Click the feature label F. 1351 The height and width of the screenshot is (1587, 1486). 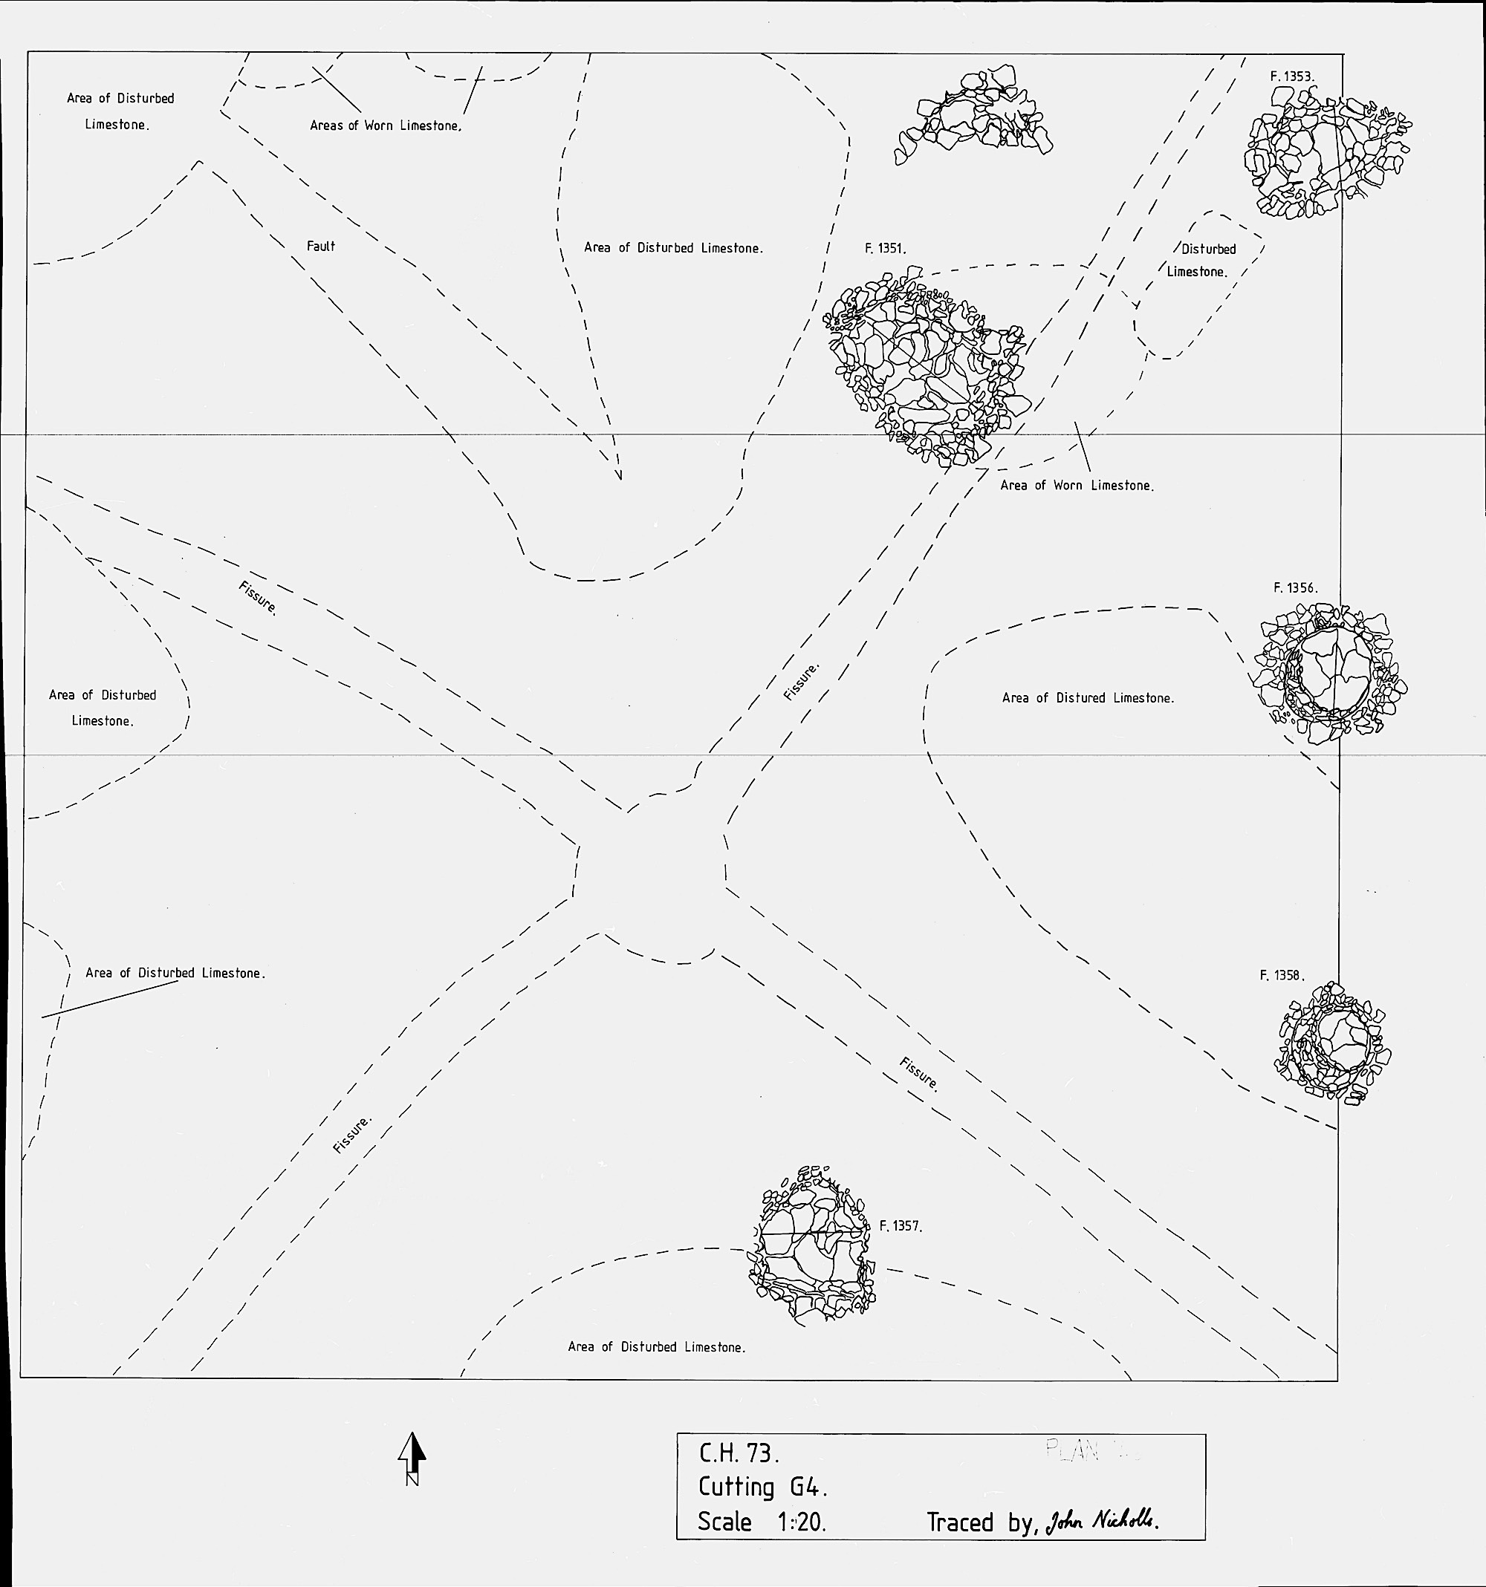[885, 249]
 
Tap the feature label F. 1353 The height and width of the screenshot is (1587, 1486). [1291, 77]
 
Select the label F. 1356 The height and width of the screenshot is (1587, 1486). [1294, 588]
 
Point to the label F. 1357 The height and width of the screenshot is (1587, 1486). [900, 1226]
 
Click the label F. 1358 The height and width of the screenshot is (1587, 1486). [1282, 976]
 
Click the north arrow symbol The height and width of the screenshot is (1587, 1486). [412, 1459]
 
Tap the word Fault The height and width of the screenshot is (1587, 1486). [321, 247]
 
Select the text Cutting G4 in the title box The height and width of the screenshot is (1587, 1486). [762, 1487]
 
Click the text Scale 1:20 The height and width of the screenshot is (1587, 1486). [761, 1522]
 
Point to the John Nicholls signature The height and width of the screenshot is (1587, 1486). [1102, 1521]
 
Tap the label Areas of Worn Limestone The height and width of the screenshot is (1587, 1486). [386, 126]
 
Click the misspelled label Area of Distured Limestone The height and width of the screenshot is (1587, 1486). [1088, 699]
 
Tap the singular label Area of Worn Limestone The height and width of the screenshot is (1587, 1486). [1077, 486]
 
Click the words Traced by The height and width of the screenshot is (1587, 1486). [981, 1523]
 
